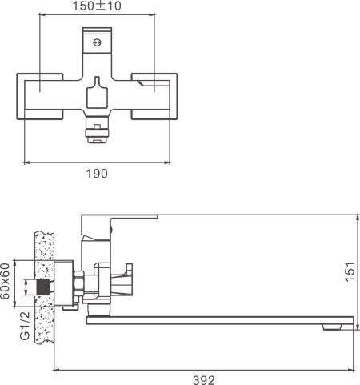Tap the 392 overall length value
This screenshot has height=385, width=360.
coord(205,380)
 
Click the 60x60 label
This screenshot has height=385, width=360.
coord(7,280)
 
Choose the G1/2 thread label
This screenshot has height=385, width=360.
coord(24,326)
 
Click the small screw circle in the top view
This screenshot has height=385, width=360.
coord(98,43)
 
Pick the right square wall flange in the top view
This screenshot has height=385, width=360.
coord(154,95)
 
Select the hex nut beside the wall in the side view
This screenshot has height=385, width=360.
coord(78,284)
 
